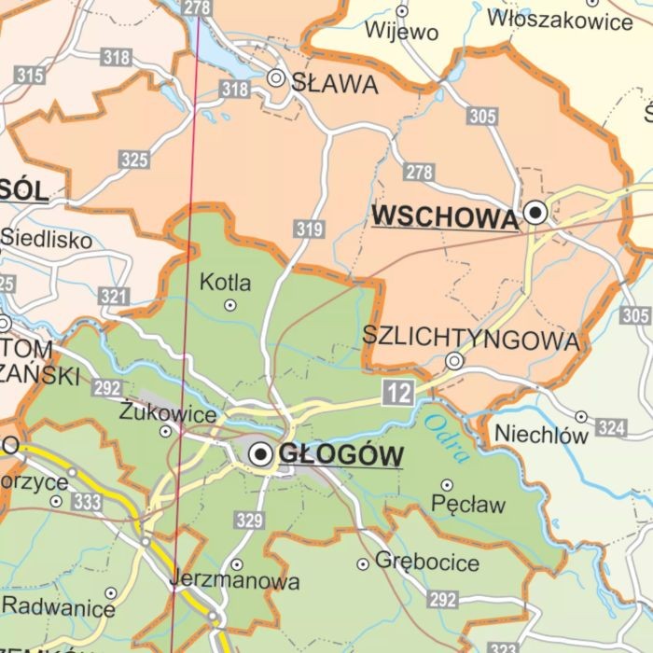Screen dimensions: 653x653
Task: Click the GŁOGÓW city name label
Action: [341, 455]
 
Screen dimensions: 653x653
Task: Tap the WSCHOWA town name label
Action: [444, 216]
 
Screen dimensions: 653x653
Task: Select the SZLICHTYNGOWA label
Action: [470, 339]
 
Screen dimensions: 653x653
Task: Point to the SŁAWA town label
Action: [335, 84]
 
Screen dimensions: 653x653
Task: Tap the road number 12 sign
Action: [398, 393]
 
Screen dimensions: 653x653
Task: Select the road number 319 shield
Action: [308, 229]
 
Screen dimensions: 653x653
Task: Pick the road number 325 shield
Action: [134, 160]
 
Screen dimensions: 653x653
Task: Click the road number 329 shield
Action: [249, 521]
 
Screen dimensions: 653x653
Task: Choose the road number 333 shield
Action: [87, 503]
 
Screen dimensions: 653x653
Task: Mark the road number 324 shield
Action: [610, 427]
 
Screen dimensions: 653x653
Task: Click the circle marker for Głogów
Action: [261, 454]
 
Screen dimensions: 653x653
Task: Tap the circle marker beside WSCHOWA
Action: [535, 213]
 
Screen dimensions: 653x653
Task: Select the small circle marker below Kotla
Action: [230, 305]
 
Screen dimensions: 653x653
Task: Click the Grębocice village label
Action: [427, 562]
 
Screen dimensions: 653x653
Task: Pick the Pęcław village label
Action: [468, 505]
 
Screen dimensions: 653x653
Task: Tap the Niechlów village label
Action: [541, 434]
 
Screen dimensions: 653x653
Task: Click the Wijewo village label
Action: [401, 32]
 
